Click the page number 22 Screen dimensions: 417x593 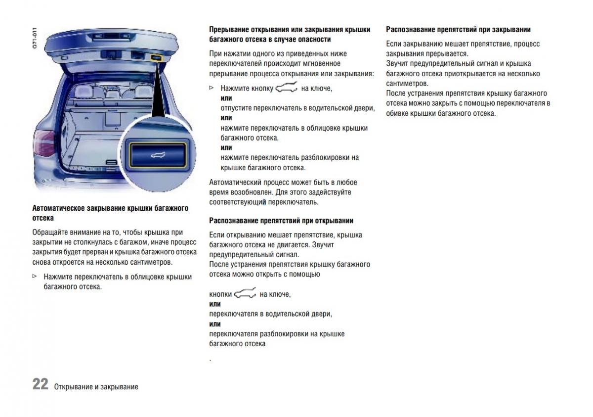40,384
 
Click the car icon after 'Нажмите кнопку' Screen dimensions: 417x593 286,89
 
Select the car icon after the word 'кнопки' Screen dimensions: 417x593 246,294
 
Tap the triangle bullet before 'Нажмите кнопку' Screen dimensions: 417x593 212,88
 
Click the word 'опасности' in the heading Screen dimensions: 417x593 314,39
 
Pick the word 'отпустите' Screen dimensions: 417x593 236,108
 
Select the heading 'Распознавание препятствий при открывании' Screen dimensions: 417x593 281,221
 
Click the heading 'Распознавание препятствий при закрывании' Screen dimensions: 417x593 458,30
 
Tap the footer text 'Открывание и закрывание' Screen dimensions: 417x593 96,387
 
